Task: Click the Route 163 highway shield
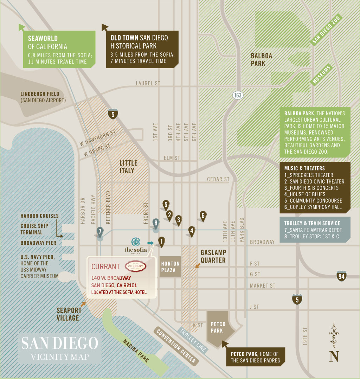point(238,95)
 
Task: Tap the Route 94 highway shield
point(341,276)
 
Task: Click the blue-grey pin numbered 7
point(100,232)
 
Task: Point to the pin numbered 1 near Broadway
point(161,241)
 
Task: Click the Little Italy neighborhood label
point(128,167)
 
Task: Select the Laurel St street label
point(148,83)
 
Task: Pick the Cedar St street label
point(218,179)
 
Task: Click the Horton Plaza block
point(170,267)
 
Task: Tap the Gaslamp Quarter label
point(213,256)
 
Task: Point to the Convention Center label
point(176,346)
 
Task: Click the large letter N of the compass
point(334,356)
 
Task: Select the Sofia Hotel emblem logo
point(136,242)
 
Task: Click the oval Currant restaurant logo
point(135,266)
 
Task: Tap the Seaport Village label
point(69,314)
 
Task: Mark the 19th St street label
point(305,336)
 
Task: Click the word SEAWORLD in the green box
point(43,38)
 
